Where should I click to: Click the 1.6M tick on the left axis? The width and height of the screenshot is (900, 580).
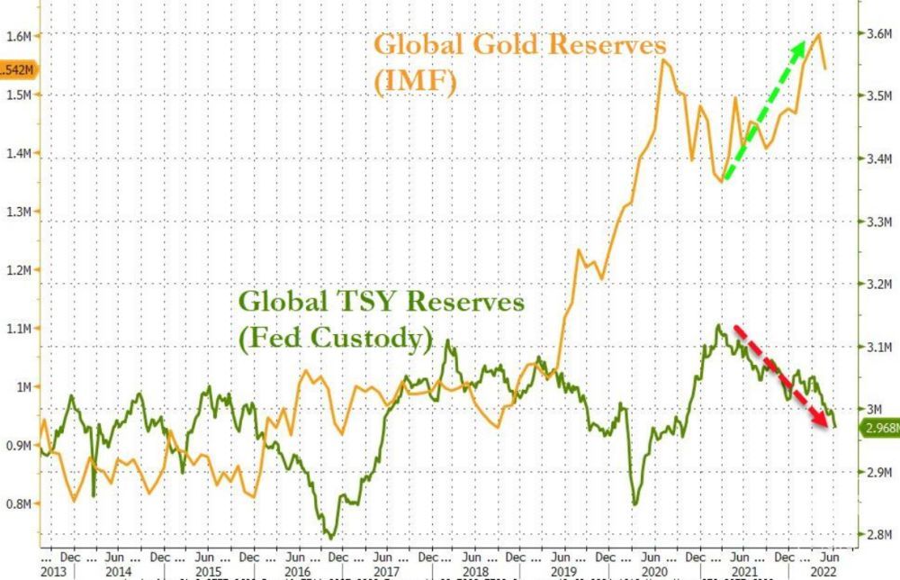[20, 35]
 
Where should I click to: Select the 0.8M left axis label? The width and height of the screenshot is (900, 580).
[20, 503]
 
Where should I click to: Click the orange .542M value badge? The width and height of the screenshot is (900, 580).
[17, 69]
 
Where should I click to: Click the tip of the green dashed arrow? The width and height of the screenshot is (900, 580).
[803, 42]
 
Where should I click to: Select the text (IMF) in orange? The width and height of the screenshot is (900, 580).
[416, 82]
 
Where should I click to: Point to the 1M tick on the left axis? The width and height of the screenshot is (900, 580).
[23, 387]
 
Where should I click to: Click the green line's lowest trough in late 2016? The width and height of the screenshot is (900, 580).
[331, 537]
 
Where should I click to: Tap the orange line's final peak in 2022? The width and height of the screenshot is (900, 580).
[818, 34]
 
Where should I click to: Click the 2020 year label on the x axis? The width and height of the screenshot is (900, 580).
[652, 572]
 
